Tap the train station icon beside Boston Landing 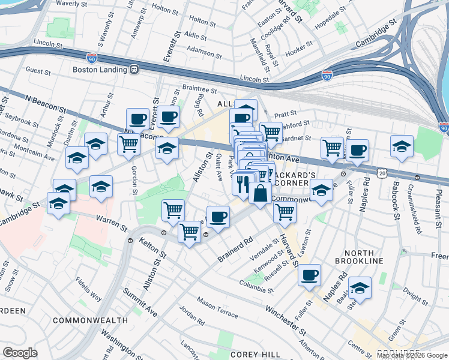pos(133,69)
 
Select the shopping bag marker pos(260,194)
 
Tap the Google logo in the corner pos(20,352)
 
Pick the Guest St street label pos(38,70)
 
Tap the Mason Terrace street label pos(217,308)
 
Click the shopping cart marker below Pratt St pos(271,132)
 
